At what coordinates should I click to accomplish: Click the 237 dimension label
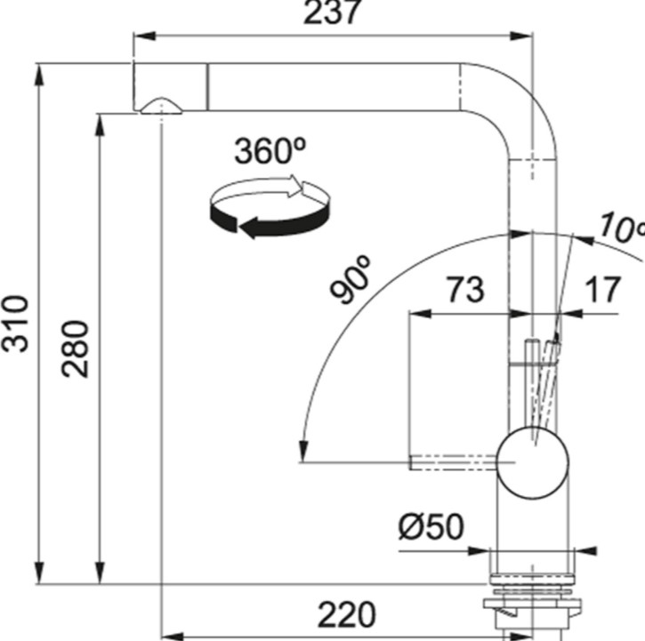332,12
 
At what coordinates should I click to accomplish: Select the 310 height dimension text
15,324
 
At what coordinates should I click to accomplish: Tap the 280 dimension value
75,349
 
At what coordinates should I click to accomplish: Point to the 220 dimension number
347,615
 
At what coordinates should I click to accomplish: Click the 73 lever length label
465,290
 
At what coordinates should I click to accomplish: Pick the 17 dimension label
601,290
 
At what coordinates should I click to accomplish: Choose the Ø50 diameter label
431,526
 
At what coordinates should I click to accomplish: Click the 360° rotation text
270,151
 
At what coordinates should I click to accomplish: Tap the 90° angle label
350,279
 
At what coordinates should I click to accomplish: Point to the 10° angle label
622,228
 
